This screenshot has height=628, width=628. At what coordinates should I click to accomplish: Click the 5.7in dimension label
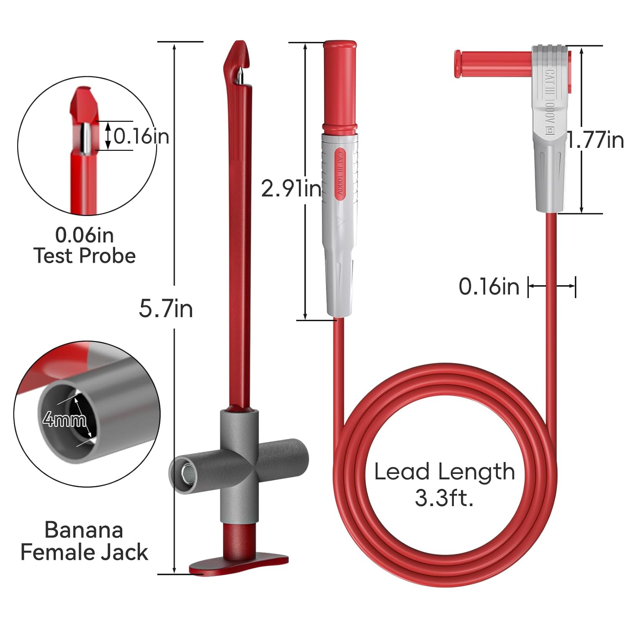click(x=166, y=309)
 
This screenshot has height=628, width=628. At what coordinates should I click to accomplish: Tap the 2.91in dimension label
click(x=291, y=188)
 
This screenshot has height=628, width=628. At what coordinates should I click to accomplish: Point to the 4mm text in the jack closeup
click(x=64, y=419)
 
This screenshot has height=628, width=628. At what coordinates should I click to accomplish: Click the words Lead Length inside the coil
click(x=444, y=472)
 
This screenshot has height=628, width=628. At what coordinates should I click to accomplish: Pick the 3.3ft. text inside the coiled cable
click(x=444, y=498)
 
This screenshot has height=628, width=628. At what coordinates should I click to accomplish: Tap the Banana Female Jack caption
click(x=84, y=541)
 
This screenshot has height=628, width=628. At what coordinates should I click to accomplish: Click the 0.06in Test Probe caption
click(x=84, y=245)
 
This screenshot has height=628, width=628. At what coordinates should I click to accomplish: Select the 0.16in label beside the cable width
click(x=489, y=287)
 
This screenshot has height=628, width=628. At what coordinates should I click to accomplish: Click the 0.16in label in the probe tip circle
click(x=141, y=136)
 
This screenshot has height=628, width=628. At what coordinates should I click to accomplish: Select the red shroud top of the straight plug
click(x=340, y=84)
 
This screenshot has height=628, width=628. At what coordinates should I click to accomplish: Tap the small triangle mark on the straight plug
click(x=340, y=222)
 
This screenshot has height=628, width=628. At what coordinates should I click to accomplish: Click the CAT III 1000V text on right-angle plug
click(x=549, y=100)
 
